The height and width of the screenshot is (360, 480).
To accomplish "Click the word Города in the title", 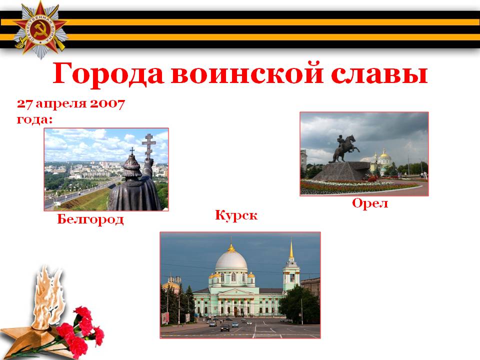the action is (108, 73).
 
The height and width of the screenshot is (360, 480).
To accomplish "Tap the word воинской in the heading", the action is (247, 73).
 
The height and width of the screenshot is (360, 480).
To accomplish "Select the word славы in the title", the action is (379, 73).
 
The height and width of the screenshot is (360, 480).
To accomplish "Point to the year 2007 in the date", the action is (107, 104).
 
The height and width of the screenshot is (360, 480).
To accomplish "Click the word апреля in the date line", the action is (61, 104).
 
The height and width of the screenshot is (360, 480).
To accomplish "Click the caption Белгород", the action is (90, 219).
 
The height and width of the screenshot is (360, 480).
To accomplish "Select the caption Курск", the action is (236, 215).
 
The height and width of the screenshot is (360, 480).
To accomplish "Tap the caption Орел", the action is (370, 203).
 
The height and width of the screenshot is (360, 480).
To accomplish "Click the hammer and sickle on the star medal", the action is (40, 29).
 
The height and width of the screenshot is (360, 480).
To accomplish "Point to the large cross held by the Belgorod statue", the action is (149, 146).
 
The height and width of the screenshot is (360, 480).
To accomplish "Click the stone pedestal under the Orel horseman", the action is (342, 171).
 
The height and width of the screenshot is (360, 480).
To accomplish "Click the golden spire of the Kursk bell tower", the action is (291, 249).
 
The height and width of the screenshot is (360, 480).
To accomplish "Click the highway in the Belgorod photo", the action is (80, 193).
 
